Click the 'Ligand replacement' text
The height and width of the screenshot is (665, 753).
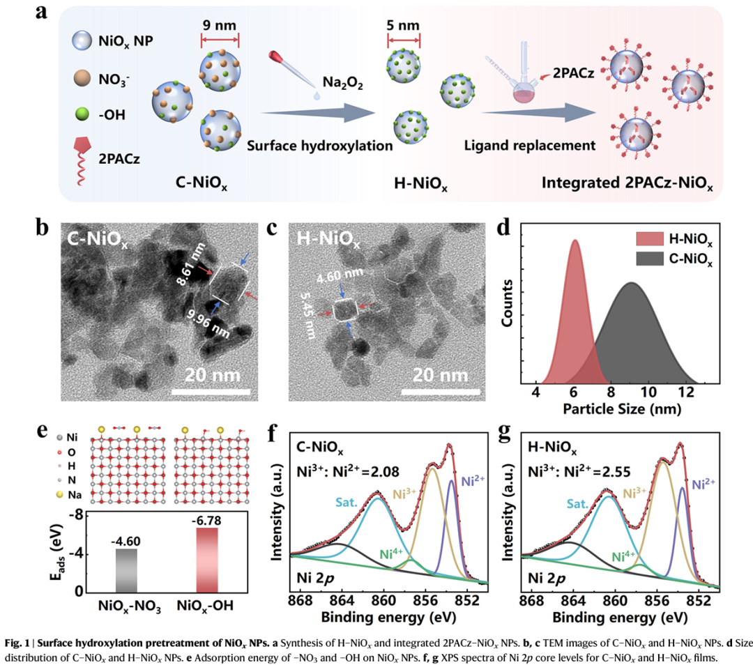(529, 146)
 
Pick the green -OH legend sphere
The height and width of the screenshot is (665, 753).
(82, 110)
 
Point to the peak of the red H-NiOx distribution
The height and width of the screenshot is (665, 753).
(575, 241)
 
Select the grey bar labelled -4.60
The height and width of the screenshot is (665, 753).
(126, 570)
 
